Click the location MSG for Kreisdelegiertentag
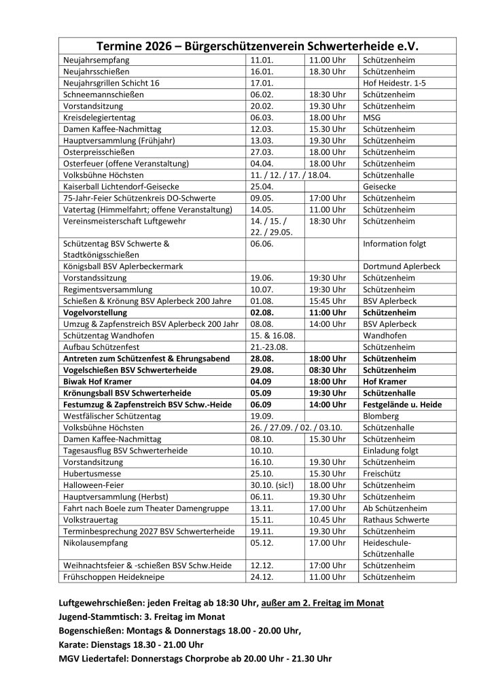click(373, 118)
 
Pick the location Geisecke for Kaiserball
click(381, 187)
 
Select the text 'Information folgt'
click(395, 243)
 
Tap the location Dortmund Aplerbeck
click(402, 266)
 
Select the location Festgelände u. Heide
click(402, 405)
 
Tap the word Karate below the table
click(74, 644)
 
